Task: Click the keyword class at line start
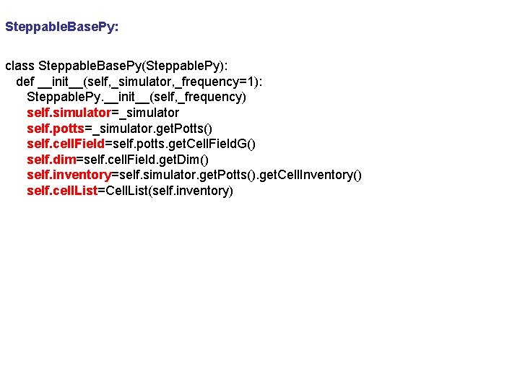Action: (x=19, y=66)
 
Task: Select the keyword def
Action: (x=25, y=81)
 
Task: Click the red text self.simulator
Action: (x=68, y=113)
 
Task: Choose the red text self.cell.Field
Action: (x=66, y=144)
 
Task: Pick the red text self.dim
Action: (x=51, y=159)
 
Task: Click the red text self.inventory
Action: (x=68, y=175)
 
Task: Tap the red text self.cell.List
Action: (x=61, y=191)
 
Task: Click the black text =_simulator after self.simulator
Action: (x=144, y=113)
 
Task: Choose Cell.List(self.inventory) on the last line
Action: (x=165, y=191)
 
